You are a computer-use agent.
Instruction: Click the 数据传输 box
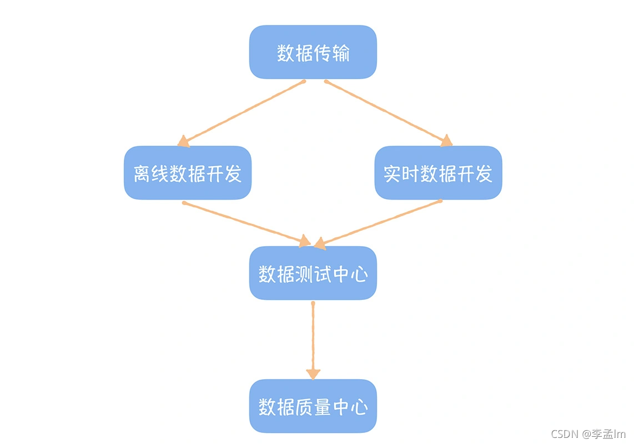(x=313, y=52)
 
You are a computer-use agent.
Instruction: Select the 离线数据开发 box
(x=188, y=173)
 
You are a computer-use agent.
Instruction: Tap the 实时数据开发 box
(x=438, y=173)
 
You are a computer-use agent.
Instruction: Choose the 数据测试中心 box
(x=313, y=273)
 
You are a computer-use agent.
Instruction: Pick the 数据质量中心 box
(x=313, y=407)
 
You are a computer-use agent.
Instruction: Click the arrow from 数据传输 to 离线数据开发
(x=244, y=113)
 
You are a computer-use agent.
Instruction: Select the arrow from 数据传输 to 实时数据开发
(x=386, y=113)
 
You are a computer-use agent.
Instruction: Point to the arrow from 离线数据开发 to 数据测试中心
(x=244, y=222)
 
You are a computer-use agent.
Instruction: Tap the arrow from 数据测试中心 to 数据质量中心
(x=313, y=338)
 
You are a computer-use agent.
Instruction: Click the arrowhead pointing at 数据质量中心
(x=313, y=374)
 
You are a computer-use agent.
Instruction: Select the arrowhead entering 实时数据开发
(x=446, y=141)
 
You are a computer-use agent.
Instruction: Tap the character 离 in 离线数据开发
(x=142, y=173)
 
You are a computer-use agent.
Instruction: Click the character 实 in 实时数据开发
(x=393, y=173)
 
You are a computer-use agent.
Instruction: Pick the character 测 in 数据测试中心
(x=304, y=274)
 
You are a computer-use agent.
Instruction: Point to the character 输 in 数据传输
(x=340, y=53)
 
